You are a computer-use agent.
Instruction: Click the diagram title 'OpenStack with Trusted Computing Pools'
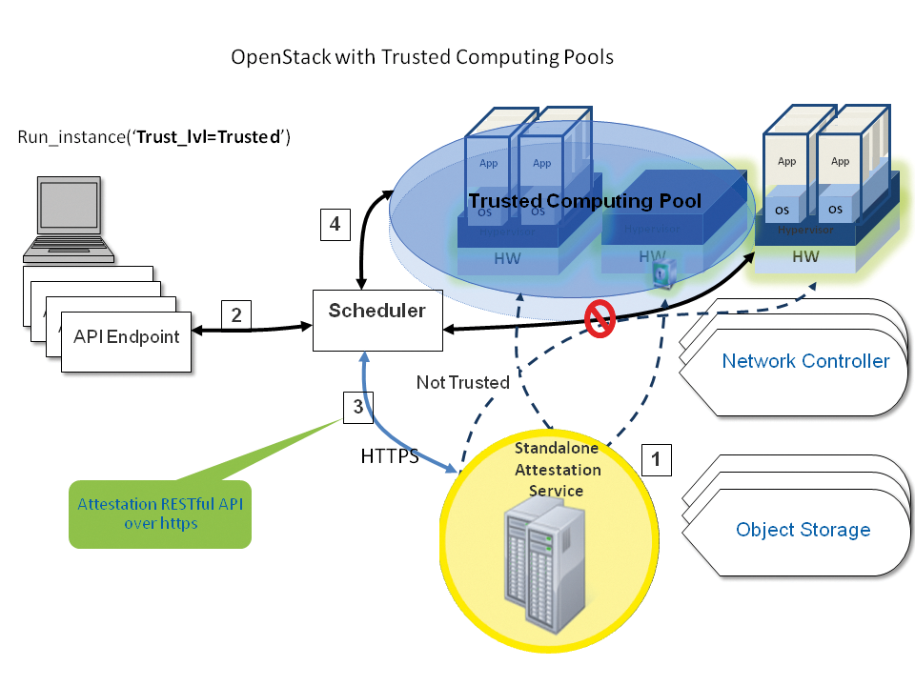(422, 57)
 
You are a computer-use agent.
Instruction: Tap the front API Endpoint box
(126, 338)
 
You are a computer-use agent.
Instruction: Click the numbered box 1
(656, 459)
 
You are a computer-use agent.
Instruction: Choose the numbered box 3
(357, 407)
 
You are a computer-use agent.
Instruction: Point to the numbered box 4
(335, 225)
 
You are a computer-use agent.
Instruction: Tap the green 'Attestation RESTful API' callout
(159, 514)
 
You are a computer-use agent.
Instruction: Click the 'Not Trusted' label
(462, 382)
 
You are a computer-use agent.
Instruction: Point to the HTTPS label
(389, 456)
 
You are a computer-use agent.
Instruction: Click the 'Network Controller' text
(805, 361)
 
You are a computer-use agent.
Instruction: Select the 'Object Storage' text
(803, 530)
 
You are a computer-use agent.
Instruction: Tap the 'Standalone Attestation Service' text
(558, 469)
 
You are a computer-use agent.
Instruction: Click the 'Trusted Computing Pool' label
(584, 201)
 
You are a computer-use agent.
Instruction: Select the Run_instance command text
(153, 137)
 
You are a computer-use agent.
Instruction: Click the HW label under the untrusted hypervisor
(805, 256)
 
